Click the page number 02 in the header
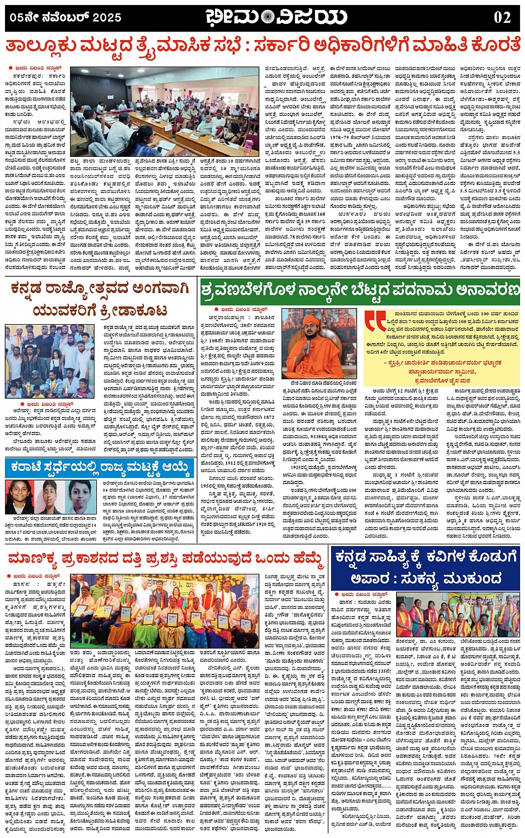tap(502, 17)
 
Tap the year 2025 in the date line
tap(107, 18)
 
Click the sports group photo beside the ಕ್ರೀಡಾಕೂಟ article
tap(50, 360)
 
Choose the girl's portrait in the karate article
tap(20, 497)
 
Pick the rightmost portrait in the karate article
tap(80, 497)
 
